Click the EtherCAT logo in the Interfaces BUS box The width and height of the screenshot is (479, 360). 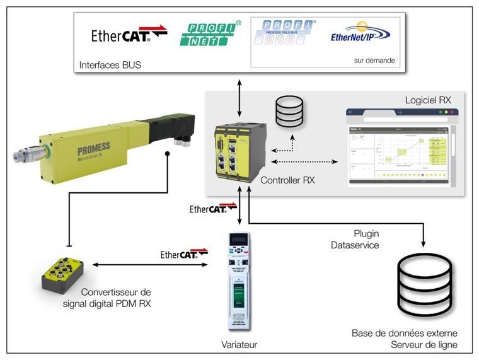pos(129,34)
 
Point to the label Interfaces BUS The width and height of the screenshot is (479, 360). pos(110,65)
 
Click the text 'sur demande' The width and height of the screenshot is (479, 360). pos(374,61)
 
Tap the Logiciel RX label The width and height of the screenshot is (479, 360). pos(428,100)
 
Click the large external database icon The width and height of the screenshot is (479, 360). pos(424,284)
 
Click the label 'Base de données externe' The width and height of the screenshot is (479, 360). pos(405,333)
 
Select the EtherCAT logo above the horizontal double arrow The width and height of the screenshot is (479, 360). pos(184,255)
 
